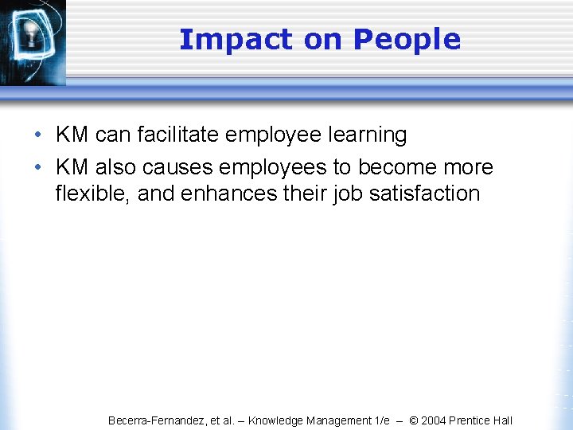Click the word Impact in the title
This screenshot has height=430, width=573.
[x=224, y=39]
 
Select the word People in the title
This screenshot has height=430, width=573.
[x=407, y=39]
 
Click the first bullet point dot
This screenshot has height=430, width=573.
[x=38, y=135]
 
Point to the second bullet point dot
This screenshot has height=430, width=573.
[x=38, y=168]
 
